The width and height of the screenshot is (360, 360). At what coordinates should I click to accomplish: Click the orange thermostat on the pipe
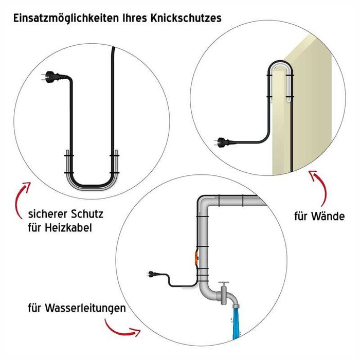point(196,256)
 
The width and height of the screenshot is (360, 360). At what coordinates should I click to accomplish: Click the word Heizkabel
point(68,226)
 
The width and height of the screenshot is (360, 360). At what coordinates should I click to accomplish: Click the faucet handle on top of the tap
point(224,283)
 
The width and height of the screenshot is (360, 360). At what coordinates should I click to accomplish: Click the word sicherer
point(47,213)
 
